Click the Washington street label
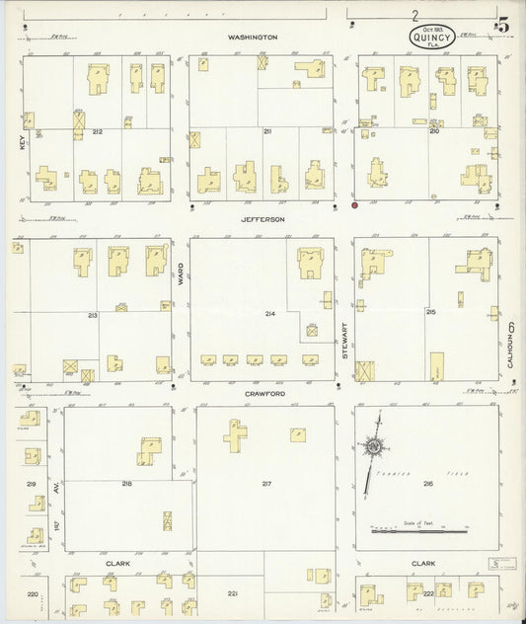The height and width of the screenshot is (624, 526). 253,38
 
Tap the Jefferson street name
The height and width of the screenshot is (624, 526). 263,218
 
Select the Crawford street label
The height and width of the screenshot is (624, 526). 266,394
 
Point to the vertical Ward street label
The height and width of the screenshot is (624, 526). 181,279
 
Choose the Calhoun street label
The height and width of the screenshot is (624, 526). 510,346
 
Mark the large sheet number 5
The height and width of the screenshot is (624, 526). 502,26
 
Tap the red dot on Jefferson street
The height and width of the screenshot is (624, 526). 354,206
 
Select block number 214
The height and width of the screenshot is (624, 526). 270,313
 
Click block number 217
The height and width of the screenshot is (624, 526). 266,483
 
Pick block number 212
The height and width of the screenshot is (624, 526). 97,131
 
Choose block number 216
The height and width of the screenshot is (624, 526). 427,484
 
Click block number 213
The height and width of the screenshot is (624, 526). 93,315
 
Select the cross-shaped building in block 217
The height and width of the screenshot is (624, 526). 235,434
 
